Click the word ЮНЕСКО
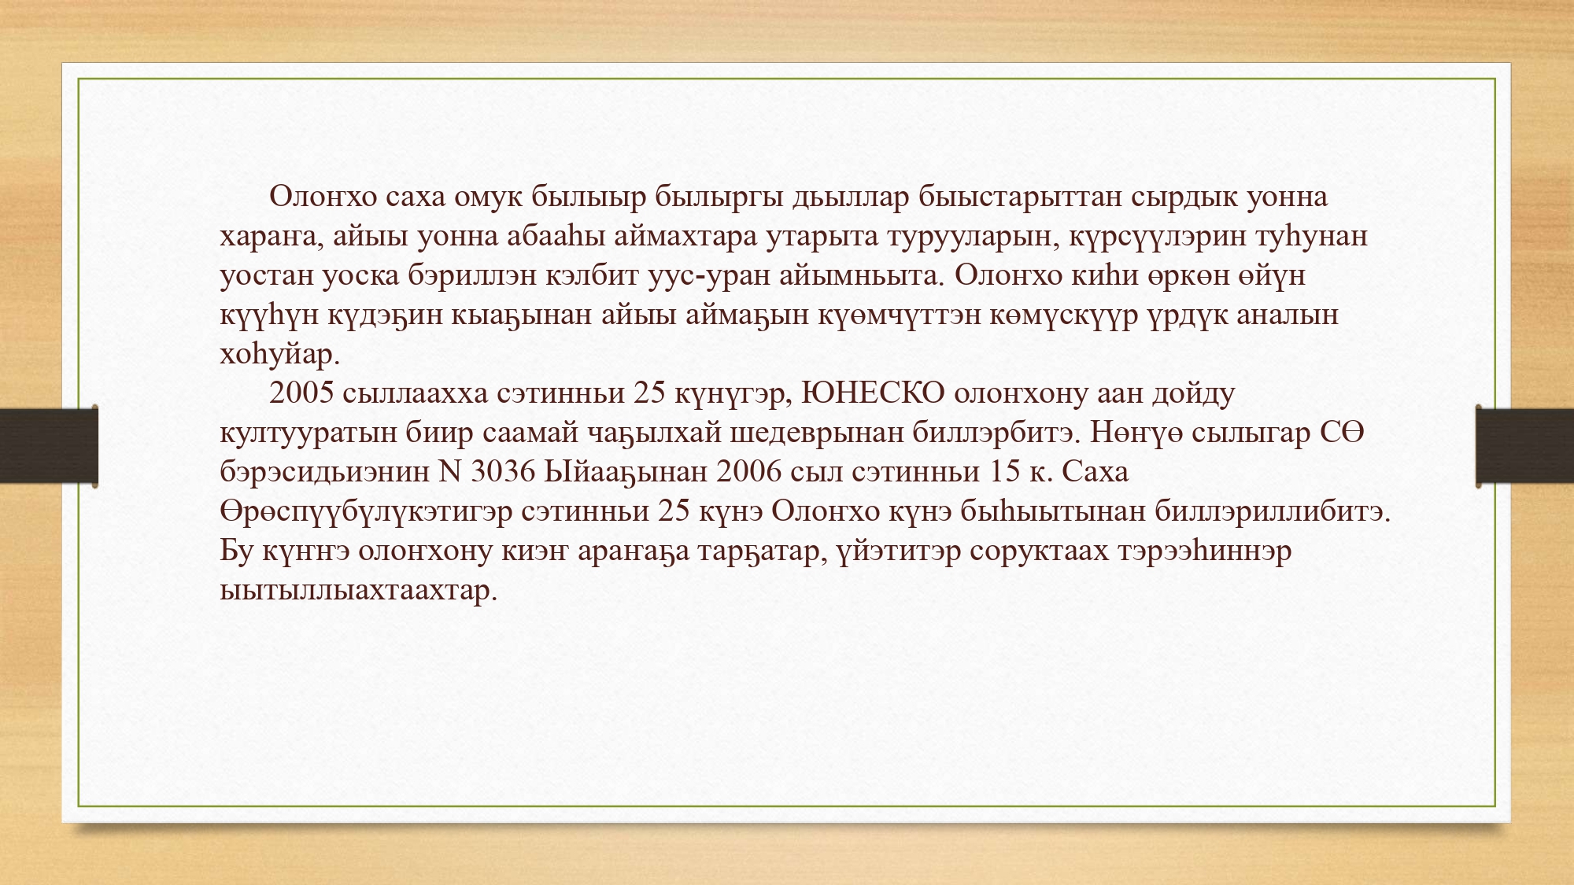[x=872, y=393]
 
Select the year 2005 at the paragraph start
[x=301, y=393]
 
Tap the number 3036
[x=503, y=471]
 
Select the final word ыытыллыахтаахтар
[x=359, y=590]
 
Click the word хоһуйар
[x=279, y=354]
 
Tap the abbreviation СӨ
[x=1342, y=432]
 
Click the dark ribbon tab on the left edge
[x=49, y=446]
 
